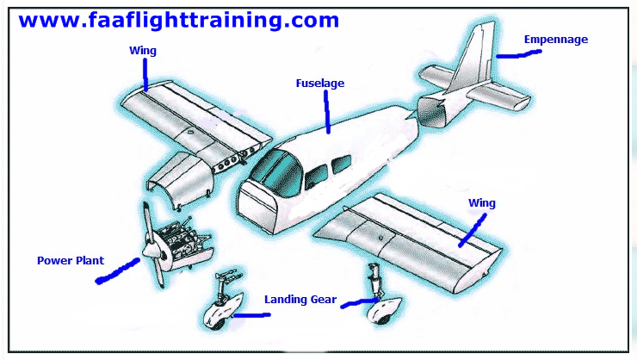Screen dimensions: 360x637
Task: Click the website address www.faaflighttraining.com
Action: tap(178, 20)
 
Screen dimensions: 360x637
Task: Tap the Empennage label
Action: tap(557, 39)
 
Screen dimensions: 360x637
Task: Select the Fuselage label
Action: tap(319, 84)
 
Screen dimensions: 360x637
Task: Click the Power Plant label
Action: tap(71, 259)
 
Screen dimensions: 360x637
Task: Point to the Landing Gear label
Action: tap(300, 299)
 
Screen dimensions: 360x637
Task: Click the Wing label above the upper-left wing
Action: tap(142, 51)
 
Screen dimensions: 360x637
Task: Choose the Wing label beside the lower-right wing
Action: tap(482, 203)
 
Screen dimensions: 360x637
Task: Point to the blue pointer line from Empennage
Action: tap(519, 54)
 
